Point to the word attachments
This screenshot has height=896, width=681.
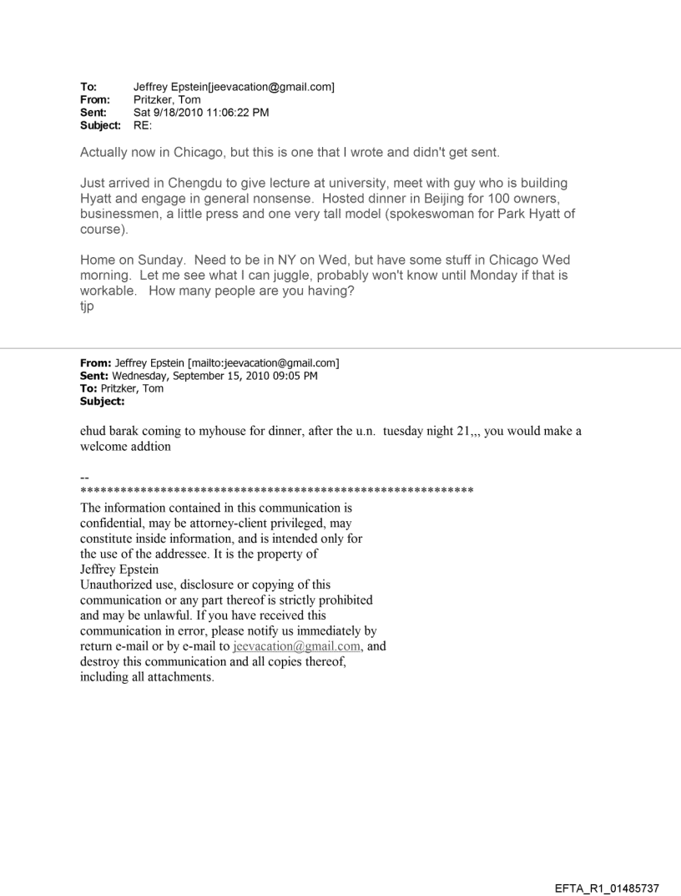pyautogui.click(x=178, y=676)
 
